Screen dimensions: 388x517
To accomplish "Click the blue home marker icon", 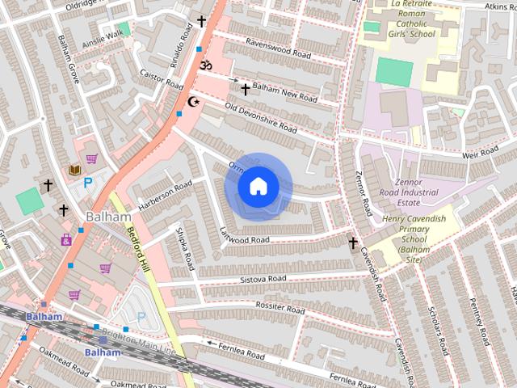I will [258, 186].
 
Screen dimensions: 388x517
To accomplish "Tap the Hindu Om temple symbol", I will [205, 65].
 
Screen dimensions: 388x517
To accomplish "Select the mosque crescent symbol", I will [193, 101].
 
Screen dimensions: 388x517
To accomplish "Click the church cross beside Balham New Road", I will [245, 88].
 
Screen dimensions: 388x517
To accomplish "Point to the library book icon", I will [74, 170].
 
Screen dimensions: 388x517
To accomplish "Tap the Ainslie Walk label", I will [102, 36].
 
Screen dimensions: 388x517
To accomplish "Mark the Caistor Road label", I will [162, 78].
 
